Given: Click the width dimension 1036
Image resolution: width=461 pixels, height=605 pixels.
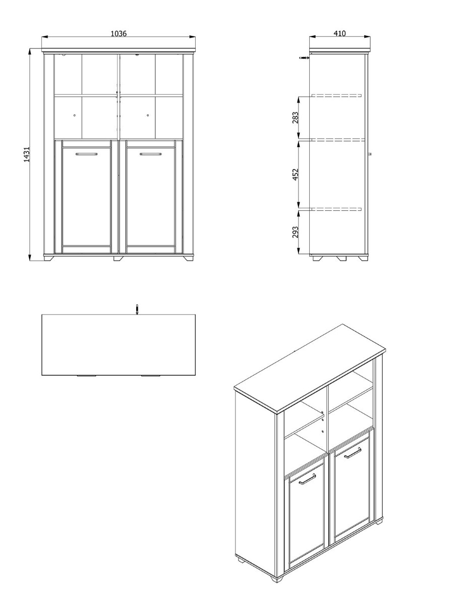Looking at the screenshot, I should pyautogui.click(x=118, y=33).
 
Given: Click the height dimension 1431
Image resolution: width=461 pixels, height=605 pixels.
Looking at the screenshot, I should pyautogui.click(x=27, y=154).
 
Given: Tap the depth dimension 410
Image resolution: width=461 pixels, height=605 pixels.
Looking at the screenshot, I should pyautogui.click(x=339, y=33).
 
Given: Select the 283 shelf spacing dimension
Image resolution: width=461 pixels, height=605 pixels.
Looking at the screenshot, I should pyautogui.click(x=296, y=117).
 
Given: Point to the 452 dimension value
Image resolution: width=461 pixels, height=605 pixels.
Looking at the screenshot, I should pyautogui.click(x=296, y=174).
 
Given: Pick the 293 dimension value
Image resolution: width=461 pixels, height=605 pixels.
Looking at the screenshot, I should pyautogui.click(x=296, y=231).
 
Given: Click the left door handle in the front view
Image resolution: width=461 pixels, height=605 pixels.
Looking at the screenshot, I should pyautogui.click(x=86, y=154).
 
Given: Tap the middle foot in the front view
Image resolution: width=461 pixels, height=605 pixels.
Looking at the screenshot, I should pyautogui.click(x=118, y=258).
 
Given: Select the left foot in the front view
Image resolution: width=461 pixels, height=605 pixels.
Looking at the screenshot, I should pyautogui.click(x=49, y=258).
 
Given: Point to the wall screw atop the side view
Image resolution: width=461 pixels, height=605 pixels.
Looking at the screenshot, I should pyautogui.click(x=304, y=58).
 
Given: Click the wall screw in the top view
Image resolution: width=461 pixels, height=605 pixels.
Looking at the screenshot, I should pyautogui.click(x=136, y=309).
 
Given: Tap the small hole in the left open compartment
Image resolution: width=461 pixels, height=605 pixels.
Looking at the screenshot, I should pyautogui.click(x=74, y=115).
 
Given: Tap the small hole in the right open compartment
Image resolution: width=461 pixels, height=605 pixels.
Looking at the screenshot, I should pyautogui.click(x=148, y=115).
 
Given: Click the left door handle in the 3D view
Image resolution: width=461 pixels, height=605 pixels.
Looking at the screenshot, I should pyautogui.click(x=307, y=478).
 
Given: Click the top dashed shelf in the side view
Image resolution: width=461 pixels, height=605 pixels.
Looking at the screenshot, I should pyautogui.click(x=336, y=95).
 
